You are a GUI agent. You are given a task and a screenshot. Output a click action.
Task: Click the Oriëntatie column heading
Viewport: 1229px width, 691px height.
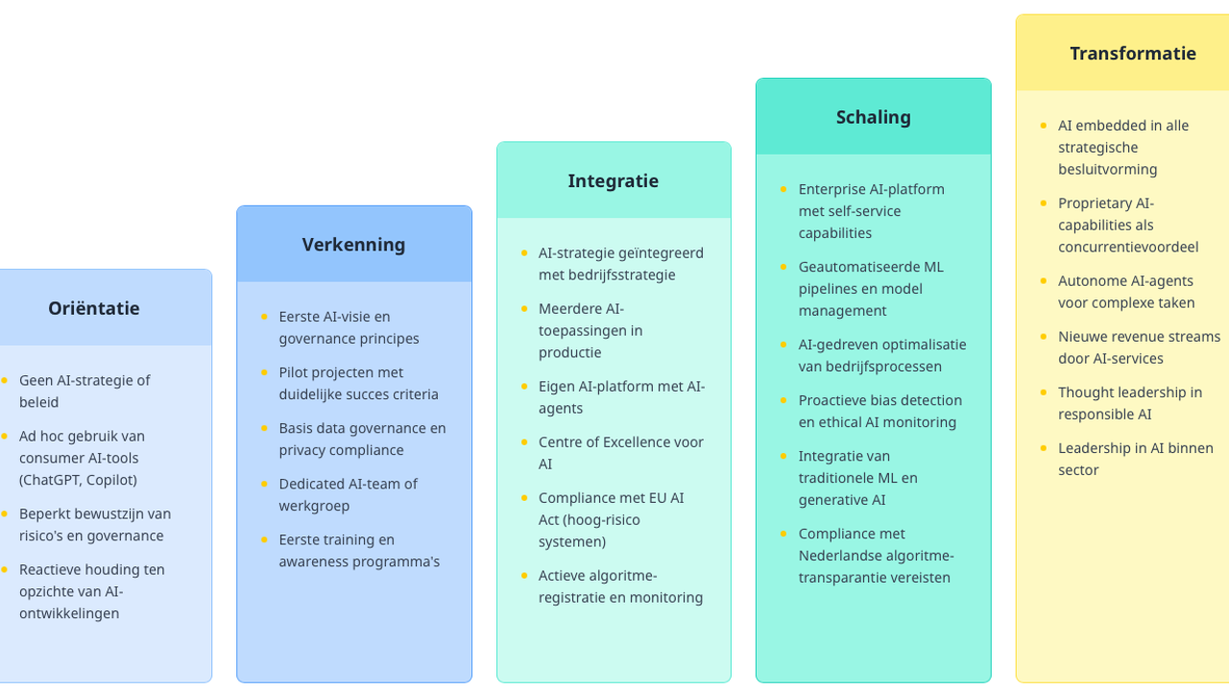pos(94,308)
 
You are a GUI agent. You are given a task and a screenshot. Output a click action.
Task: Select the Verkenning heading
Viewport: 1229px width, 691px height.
pos(353,245)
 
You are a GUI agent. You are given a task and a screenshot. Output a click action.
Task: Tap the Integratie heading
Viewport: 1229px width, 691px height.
pos(613,180)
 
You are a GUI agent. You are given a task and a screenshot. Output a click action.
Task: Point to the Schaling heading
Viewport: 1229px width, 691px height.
pos(873,117)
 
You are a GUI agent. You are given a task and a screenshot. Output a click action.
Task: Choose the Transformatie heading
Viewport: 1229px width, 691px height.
pos(1133,54)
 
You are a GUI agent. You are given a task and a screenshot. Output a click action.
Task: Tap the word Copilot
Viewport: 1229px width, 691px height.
pos(110,480)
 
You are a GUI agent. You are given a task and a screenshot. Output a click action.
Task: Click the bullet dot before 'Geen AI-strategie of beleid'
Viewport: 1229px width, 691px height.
pos(3,381)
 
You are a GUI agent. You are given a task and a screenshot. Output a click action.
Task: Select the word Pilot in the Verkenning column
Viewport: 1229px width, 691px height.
pos(294,372)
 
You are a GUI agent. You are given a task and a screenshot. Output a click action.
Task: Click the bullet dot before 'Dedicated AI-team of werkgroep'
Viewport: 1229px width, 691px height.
pos(264,485)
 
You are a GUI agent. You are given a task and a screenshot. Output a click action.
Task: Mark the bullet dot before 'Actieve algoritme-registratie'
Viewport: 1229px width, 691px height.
pos(524,576)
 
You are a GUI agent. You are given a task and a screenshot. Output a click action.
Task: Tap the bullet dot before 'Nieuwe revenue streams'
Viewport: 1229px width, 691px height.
pos(1044,338)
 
